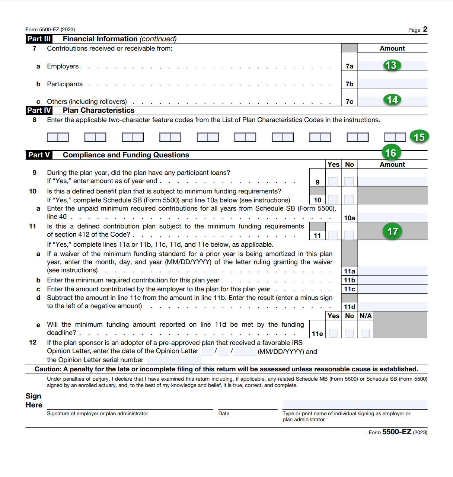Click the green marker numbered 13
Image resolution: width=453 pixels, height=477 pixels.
click(390, 65)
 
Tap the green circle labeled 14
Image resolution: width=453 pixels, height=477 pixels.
click(392, 100)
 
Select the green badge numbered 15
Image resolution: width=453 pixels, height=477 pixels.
click(419, 137)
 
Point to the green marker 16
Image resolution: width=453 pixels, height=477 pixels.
click(390, 153)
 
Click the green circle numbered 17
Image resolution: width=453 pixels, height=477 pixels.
click(392, 231)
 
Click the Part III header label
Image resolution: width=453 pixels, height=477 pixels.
click(39, 39)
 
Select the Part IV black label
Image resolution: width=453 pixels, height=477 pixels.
click(39, 111)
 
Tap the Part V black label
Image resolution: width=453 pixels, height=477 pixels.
click(39, 155)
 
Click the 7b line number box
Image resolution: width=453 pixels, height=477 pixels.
click(350, 84)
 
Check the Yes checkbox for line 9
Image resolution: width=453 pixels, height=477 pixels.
click(333, 182)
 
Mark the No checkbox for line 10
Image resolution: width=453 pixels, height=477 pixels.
click(349, 199)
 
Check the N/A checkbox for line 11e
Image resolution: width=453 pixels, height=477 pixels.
click(366, 333)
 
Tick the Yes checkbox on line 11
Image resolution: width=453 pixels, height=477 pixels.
click(333, 235)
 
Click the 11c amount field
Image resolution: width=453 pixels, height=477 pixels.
click(392, 289)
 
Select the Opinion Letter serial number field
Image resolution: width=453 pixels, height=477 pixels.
click(174, 360)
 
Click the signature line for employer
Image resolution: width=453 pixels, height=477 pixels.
click(130, 405)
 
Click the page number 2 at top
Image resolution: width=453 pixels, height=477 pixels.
click(425, 29)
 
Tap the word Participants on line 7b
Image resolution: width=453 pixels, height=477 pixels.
click(65, 84)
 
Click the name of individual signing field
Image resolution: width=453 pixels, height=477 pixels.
click(355, 405)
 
